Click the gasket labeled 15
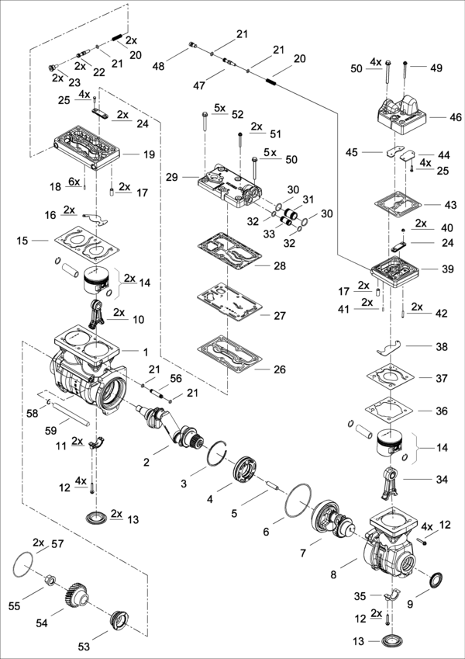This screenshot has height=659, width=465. tap(84, 238)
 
